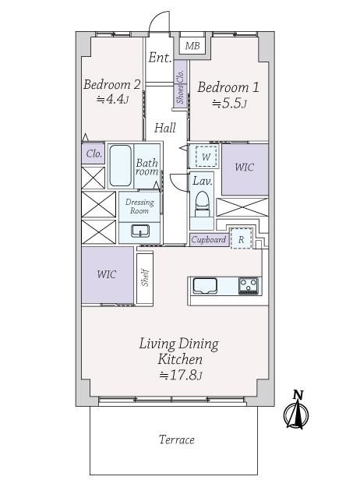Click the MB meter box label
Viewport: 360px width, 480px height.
pos(192,46)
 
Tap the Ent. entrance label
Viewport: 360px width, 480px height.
pos(160,57)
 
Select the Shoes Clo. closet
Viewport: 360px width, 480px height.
pos(180,84)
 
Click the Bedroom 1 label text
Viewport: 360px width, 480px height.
pos(228,87)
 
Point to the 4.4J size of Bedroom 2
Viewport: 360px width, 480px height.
pos(112,99)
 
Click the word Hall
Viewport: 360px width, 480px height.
pos(165,128)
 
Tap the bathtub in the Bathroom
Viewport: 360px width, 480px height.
pos(120,166)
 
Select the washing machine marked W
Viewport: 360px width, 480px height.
pos(206,157)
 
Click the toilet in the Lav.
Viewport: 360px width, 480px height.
pos(202,203)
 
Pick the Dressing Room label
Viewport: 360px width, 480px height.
pos(139,206)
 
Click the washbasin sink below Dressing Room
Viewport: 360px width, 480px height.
pos(140,231)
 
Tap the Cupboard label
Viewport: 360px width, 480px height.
pos(209,239)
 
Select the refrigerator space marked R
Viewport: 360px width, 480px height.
pos(242,238)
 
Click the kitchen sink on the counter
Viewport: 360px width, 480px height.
pos(205,286)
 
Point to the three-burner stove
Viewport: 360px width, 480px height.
pos(249,286)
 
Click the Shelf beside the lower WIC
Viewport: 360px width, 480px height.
pos(145,278)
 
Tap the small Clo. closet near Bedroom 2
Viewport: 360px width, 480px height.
pos(94,154)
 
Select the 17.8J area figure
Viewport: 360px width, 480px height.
pos(181,375)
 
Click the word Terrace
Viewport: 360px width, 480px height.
pos(177,440)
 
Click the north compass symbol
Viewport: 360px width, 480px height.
pos(296,410)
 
